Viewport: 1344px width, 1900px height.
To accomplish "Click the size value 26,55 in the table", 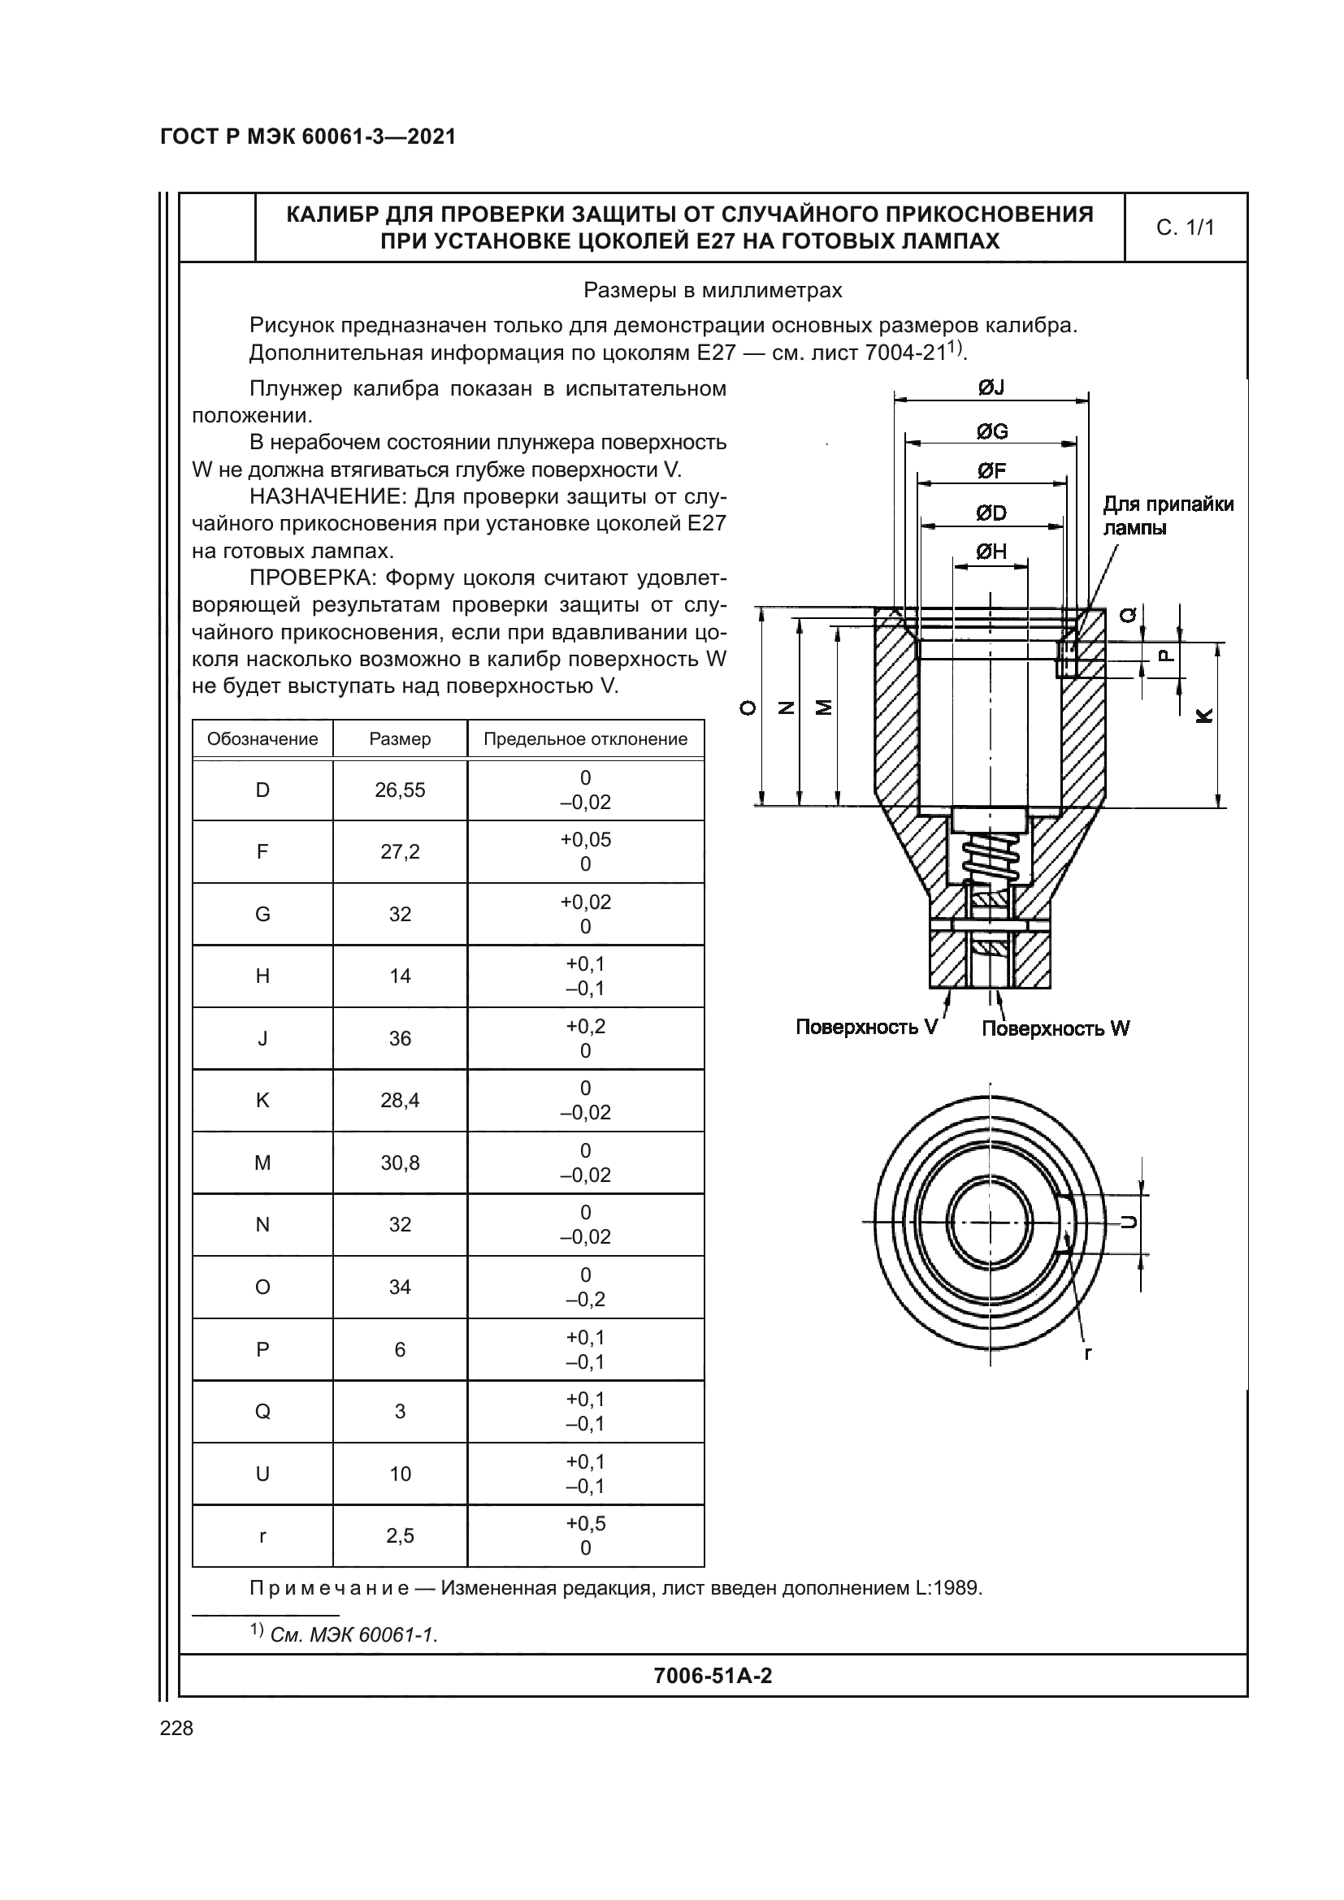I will click(400, 790).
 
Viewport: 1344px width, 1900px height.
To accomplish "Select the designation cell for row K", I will click(262, 1100).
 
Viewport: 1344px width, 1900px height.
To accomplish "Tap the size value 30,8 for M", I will click(400, 1162).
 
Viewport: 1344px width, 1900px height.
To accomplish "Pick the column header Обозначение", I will click(262, 739).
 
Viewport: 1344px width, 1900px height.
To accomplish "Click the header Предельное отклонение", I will click(585, 739).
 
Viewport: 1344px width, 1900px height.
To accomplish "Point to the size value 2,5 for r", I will click(400, 1536).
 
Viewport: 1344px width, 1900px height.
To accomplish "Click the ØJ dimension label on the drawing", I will click(991, 387).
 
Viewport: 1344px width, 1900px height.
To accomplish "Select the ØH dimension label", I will click(991, 551).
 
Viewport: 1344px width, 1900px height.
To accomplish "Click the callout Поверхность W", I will click(1056, 1028).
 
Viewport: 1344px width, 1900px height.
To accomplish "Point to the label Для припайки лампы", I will click(1167, 516).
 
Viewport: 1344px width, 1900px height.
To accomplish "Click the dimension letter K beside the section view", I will click(1204, 716).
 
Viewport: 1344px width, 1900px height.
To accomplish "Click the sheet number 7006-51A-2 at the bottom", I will click(713, 1676).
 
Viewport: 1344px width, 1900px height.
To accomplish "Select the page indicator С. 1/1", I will click(1185, 227).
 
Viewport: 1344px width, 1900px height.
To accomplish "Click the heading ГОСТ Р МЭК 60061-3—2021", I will click(308, 136).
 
